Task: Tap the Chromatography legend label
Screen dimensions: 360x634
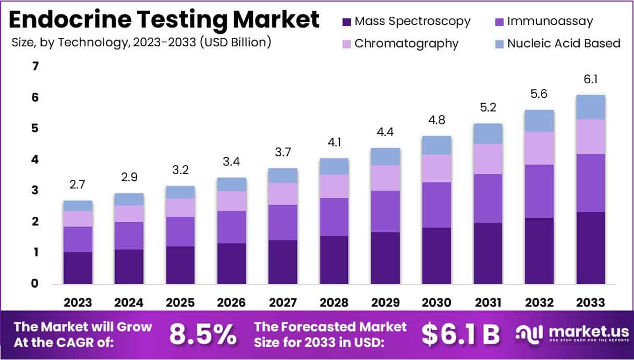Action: [406, 43]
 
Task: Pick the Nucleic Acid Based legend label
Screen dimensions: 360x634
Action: [564, 43]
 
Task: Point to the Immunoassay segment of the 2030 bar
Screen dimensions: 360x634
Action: [436, 205]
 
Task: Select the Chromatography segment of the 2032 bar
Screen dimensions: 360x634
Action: [539, 148]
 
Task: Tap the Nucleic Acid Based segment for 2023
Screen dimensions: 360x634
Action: [78, 206]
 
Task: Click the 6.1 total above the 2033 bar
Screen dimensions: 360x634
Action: [590, 80]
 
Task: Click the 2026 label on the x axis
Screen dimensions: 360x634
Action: [231, 303]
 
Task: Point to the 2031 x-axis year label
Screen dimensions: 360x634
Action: [487, 303]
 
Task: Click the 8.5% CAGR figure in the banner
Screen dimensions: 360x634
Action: [202, 335]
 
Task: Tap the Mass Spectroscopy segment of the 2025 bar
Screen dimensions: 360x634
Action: [180, 265]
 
